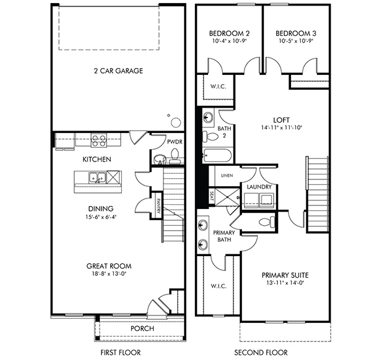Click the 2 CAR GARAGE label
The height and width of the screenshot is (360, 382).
point(118,71)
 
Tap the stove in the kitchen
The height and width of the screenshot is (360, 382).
point(98,140)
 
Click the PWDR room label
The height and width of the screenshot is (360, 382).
point(175,142)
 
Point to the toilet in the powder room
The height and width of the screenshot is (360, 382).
point(175,156)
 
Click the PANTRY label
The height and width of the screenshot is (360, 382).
point(158,206)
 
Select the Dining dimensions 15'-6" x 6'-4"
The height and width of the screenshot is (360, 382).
point(101,217)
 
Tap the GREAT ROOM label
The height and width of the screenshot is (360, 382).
point(109,266)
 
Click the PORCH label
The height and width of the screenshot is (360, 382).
point(142,328)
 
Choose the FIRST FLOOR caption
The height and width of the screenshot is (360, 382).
point(121,352)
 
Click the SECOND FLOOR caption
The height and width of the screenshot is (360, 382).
point(261,352)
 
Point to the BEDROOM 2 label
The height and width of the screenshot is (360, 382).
point(230,33)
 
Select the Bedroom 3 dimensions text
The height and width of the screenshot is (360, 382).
point(296,41)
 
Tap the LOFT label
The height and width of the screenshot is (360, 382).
point(281,120)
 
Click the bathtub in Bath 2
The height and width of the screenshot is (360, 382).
point(217,155)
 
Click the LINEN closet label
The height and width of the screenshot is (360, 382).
point(227,176)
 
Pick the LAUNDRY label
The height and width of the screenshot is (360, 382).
point(259,187)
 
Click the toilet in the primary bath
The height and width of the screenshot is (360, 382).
point(267,222)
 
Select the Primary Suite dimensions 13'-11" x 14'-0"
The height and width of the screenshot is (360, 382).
point(285,283)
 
